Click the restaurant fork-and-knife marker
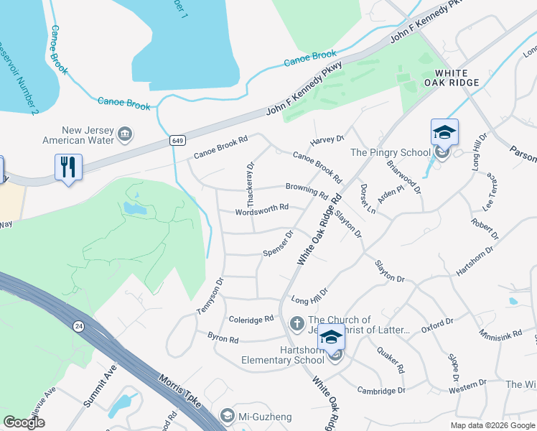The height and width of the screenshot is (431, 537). pos(69,167)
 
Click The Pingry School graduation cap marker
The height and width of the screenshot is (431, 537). pos(444,133)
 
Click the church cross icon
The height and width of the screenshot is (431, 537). pos(296,325)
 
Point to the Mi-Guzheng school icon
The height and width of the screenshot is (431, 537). pos(228,416)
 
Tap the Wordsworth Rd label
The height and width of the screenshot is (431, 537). pos(262,209)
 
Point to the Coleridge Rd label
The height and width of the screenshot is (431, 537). pos(251,318)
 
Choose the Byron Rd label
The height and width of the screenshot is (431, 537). pos(223,338)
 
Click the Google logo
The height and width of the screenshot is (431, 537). pos(24,422)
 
